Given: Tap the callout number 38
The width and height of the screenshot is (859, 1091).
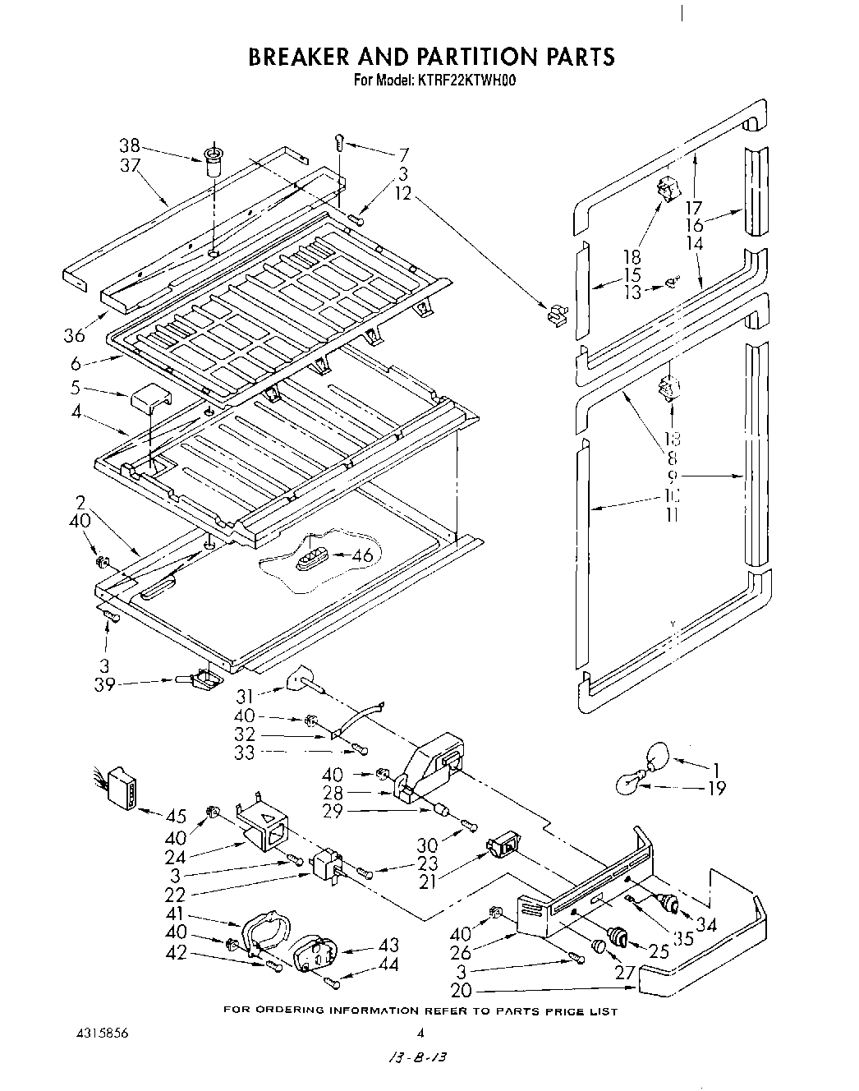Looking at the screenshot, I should pos(129,145).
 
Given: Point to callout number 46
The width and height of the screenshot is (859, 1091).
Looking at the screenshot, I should pos(362,556).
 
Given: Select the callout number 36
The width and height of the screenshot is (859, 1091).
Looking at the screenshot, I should pos(75,335).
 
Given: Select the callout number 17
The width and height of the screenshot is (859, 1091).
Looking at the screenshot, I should pos(695,208).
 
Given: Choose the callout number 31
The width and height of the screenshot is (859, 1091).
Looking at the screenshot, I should pos(245,697).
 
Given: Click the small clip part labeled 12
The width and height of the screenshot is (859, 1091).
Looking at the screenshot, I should pos(556,313).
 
